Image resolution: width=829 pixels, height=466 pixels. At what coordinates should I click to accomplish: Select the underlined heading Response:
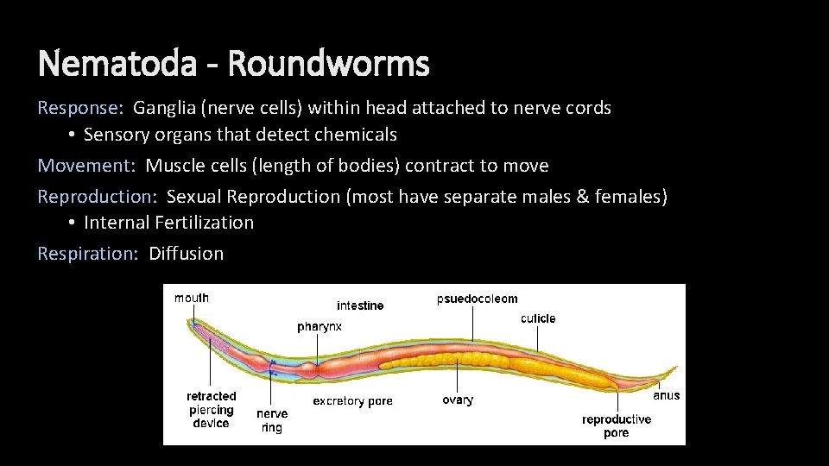click(x=80, y=108)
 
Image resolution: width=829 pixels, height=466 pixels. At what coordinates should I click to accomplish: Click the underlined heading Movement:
click(x=86, y=165)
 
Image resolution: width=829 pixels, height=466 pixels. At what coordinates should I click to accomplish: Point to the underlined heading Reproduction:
click(x=97, y=196)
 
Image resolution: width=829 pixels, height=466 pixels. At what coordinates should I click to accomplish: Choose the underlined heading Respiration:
click(x=87, y=253)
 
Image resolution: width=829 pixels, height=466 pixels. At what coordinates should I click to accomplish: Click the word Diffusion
click(x=186, y=253)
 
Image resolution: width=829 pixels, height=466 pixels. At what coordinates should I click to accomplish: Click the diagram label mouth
click(x=192, y=299)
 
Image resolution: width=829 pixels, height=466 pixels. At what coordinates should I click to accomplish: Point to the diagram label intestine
click(x=360, y=305)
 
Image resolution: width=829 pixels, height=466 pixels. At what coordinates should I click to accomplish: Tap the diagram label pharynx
click(x=320, y=327)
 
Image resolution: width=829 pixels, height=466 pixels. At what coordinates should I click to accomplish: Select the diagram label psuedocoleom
click(x=477, y=299)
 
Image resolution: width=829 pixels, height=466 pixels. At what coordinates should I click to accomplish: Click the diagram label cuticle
click(x=538, y=318)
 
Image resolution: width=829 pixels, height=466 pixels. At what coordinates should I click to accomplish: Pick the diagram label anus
click(x=666, y=395)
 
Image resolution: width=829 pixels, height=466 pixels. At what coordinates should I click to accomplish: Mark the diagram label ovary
click(x=458, y=400)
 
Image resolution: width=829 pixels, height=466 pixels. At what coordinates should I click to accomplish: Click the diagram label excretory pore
click(x=352, y=400)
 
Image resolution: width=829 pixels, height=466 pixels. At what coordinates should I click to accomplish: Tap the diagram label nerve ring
click(x=272, y=420)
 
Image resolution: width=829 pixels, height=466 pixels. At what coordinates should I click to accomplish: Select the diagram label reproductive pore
click(x=617, y=425)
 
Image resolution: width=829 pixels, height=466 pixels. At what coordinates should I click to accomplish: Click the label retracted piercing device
click(x=211, y=410)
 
